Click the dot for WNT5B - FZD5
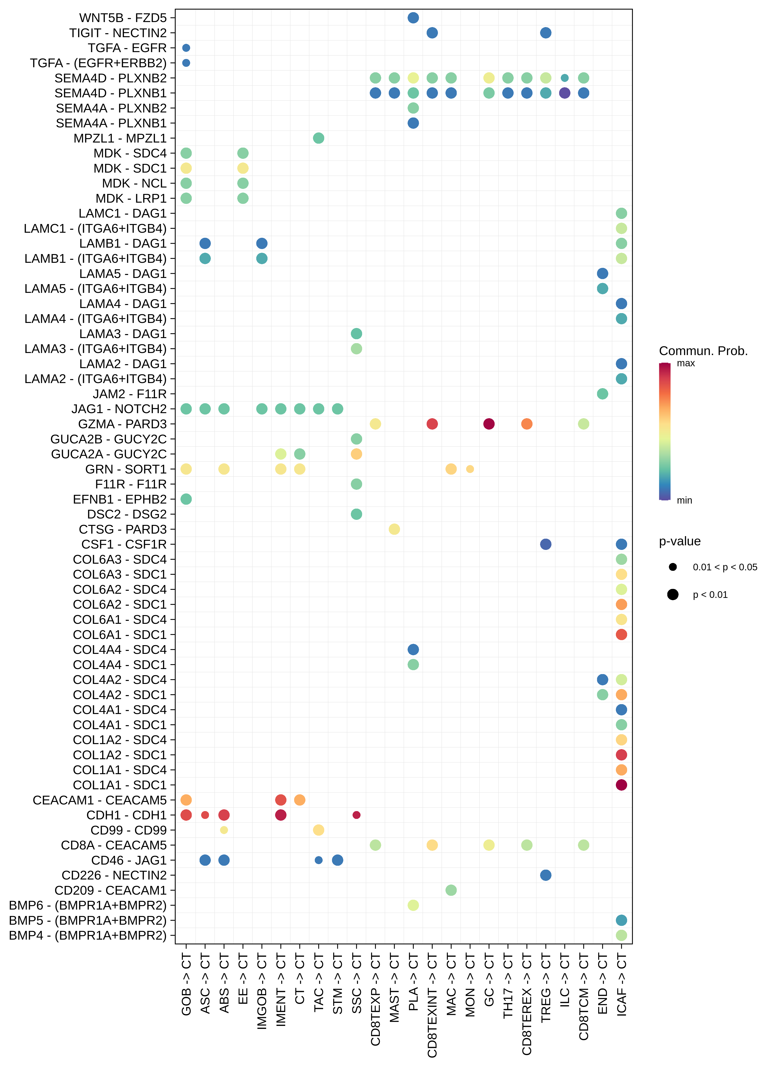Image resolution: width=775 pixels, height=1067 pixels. click(413, 18)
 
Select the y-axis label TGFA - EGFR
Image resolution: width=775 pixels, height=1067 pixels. click(127, 48)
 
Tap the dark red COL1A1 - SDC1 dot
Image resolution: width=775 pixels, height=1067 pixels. click(621, 785)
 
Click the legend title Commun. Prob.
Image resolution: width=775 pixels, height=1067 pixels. click(703, 351)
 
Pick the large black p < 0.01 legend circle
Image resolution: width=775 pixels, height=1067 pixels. click(673, 595)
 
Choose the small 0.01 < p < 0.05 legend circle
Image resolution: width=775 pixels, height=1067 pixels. click(673, 567)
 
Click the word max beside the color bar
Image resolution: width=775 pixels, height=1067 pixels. click(685, 363)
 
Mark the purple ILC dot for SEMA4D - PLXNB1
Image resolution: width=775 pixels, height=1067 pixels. click(564, 93)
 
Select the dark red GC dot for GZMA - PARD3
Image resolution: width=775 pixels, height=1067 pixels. click(489, 424)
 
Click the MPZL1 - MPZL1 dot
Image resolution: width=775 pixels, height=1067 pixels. click(318, 138)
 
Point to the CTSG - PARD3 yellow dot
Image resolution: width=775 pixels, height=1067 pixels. click(394, 529)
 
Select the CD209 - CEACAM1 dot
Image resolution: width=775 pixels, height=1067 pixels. click(451, 890)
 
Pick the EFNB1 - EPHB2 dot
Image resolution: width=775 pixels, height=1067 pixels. click(186, 499)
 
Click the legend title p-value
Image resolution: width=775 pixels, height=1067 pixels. click(679, 541)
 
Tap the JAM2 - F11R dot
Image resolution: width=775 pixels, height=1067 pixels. click(602, 394)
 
